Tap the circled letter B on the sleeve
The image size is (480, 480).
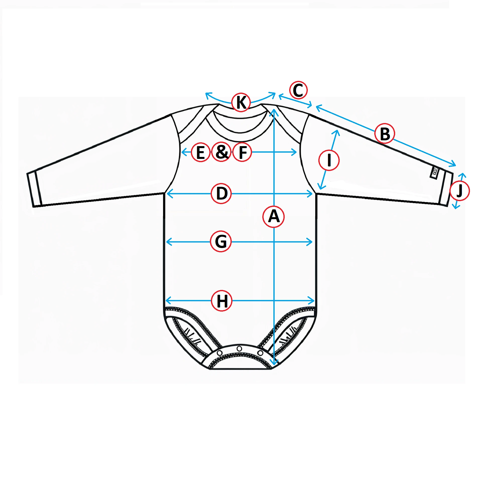[384, 133]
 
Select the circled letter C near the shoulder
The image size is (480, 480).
[298, 90]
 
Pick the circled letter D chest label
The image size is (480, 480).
[221, 193]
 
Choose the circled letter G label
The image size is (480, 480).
[221, 242]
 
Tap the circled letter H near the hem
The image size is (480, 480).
[221, 301]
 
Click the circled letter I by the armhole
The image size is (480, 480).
[329, 160]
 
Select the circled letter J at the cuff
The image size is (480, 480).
[459, 191]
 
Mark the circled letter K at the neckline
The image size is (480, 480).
[241, 102]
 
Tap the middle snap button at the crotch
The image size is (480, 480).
[239, 348]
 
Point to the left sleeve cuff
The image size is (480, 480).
[34, 189]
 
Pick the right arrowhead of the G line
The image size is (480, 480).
[309, 242]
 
